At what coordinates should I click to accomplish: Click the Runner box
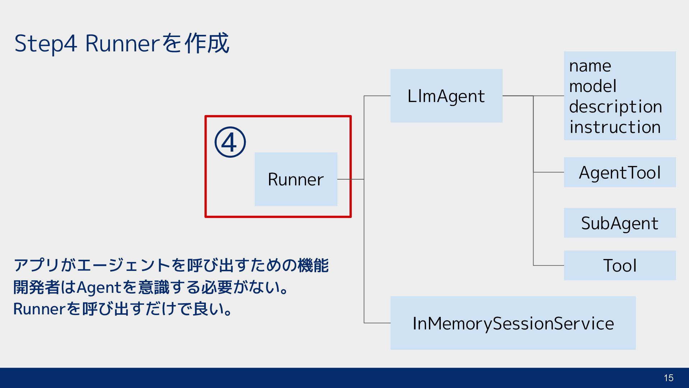click(296, 179)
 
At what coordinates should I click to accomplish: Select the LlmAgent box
click(446, 96)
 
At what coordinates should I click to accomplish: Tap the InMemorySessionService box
click(513, 323)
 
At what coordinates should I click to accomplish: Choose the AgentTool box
click(620, 172)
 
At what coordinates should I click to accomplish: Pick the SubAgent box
click(620, 223)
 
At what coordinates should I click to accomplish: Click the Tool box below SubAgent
click(620, 265)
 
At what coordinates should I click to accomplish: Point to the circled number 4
click(230, 142)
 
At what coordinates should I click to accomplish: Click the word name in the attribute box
click(590, 66)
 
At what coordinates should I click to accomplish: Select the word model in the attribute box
click(593, 86)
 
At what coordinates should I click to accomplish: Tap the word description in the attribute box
click(616, 107)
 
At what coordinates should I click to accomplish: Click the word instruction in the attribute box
click(615, 127)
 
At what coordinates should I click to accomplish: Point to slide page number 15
click(669, 378)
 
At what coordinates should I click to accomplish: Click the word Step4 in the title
click(46, 44)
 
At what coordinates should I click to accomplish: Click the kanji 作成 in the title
click(207, 43)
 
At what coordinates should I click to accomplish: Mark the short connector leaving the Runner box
click(351, 179)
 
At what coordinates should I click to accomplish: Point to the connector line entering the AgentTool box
click(549, 172)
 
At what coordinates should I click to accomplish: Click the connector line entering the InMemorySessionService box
click(377, 323)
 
